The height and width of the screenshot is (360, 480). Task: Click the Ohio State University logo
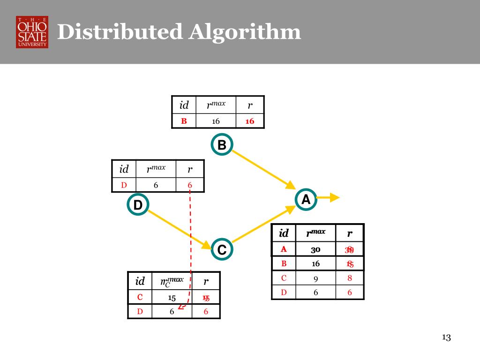tap(32, 32)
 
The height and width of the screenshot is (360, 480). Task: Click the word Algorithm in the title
tap(245, 32)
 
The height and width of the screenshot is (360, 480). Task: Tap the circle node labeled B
tap(222, 145)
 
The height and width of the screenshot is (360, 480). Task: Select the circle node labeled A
tap(306, 200)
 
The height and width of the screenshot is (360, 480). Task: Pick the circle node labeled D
tap(138, 205)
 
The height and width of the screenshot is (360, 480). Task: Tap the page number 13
tap(446, 337)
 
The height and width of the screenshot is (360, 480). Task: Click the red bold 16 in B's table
tap(249, 121)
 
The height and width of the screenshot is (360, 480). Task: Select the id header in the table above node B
tap(184, 105)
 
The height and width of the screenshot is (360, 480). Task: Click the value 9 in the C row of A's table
tap(315, 278)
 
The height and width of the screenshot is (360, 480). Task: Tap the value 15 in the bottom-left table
tap(172, 298)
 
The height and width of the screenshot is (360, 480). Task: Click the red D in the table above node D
tap(124, 185)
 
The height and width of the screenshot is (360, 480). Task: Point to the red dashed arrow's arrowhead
tap(181, 307)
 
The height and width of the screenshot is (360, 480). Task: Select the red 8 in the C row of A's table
tap(350, 278)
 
